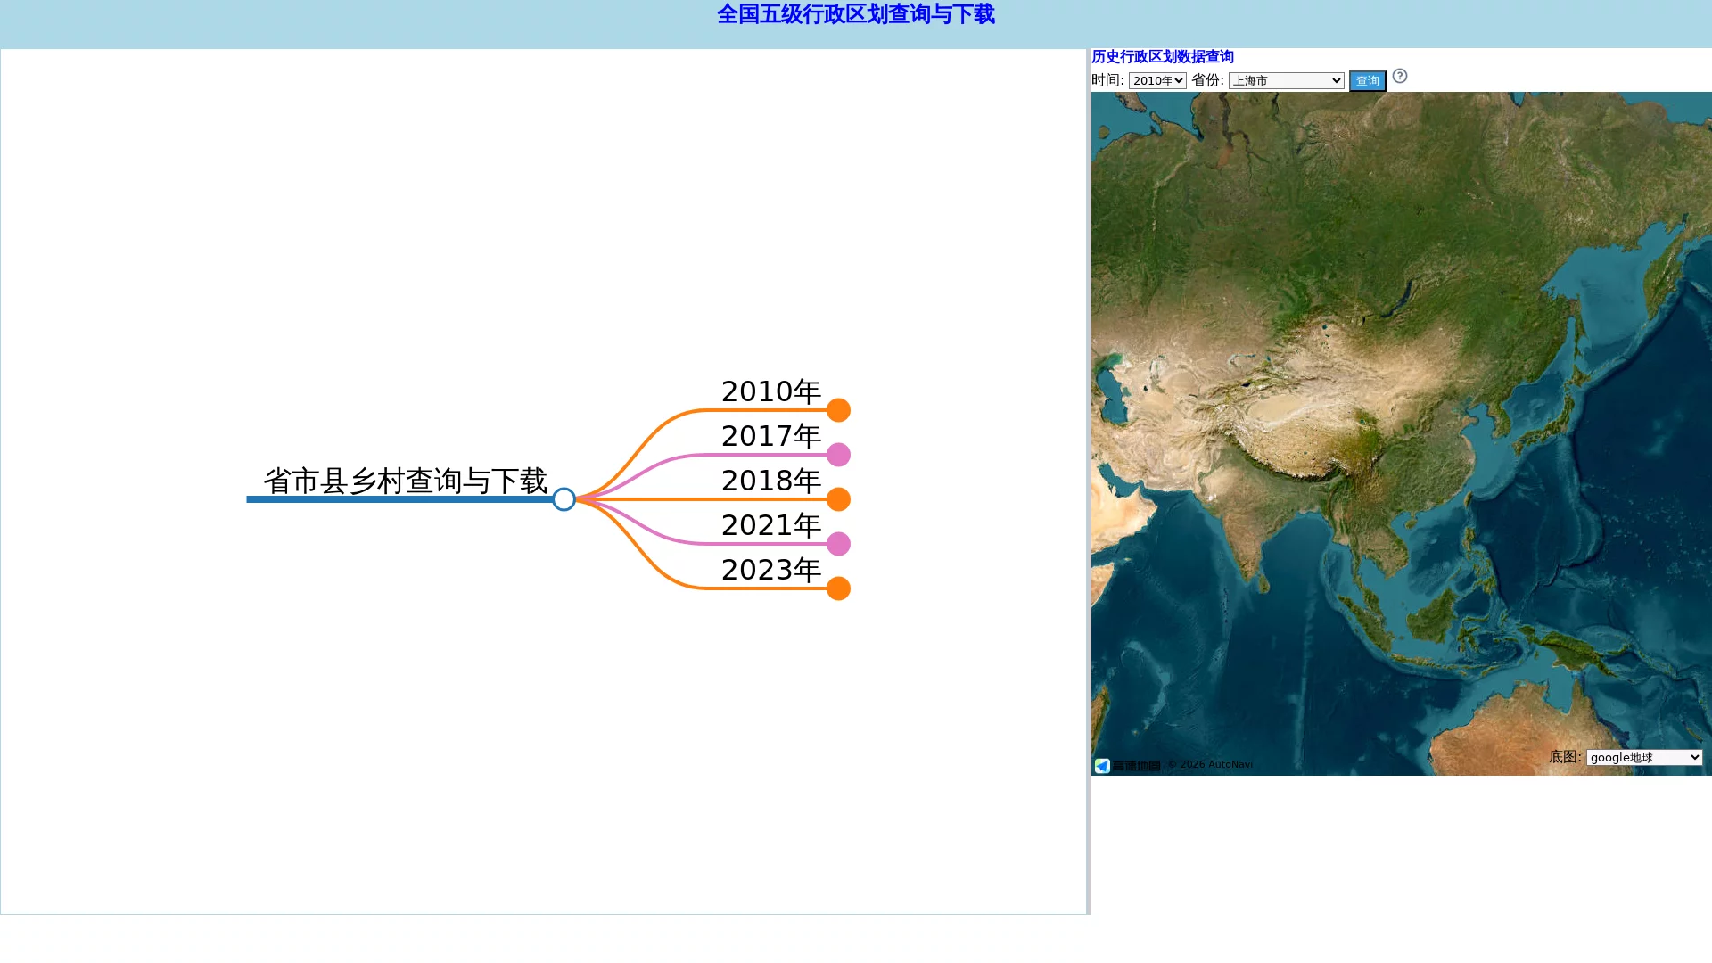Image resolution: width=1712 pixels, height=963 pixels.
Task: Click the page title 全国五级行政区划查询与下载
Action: click(855, 14)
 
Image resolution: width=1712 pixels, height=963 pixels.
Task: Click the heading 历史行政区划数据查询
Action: click(1163, 56)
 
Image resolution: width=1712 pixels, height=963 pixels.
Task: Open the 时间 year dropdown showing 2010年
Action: click(1157, 80)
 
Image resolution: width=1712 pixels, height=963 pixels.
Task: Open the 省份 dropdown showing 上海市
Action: click(1286, 80)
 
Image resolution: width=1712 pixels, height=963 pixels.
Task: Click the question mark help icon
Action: click(1400, 76)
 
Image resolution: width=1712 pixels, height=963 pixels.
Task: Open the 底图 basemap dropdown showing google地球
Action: click(1644, 757)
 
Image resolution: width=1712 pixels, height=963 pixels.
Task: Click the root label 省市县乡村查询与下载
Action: click(405, 481)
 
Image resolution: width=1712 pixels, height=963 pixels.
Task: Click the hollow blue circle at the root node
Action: click(564, 499)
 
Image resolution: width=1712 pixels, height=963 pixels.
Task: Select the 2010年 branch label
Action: click(770, 391)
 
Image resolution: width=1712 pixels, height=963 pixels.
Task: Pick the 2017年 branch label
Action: click(770, 436)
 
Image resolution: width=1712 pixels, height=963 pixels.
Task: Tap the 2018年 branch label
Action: click(770, 481)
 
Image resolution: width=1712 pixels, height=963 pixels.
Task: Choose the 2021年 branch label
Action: click(770, 525)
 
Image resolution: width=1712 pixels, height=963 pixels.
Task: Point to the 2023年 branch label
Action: click(770, 570)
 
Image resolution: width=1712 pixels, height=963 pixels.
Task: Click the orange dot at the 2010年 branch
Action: click(838, 410)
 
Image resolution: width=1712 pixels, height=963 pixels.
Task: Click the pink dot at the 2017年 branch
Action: click(838, 455)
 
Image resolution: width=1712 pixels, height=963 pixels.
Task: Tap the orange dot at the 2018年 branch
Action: click(838, 499)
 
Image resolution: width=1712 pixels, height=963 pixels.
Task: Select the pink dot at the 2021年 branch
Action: click(838, 544)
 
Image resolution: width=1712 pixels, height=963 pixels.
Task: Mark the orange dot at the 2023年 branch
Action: click(838, 588)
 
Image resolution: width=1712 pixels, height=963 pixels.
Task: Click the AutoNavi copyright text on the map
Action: click(1210, 764)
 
